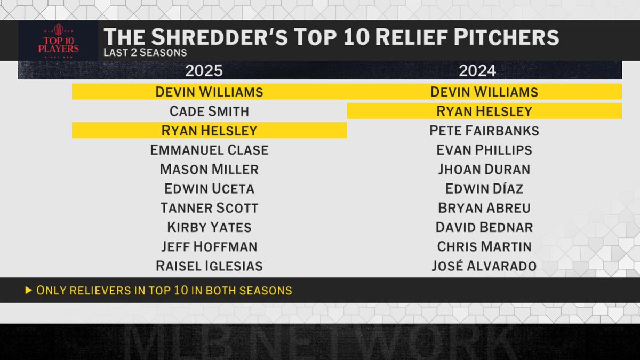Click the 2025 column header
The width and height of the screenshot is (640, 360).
pos(204,70)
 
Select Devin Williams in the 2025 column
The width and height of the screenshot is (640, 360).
pos(209,92)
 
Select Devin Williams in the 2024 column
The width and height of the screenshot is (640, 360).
pos(484,92)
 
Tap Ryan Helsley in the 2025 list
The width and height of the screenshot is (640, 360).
pos(209,131)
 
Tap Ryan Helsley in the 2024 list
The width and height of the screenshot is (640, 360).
pos(484,111)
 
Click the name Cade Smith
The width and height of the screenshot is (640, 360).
pos(209,111)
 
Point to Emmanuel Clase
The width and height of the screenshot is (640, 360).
pos(209,150)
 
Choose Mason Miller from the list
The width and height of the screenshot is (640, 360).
pos(209,170)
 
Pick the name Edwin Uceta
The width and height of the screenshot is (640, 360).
pos(209,189)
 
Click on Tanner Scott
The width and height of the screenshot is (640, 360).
pos(209,208)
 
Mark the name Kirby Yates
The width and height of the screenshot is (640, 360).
pos(209,227)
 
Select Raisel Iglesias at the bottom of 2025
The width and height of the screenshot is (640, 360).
pos(209,266)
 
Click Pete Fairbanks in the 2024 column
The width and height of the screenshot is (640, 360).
pos(484,131)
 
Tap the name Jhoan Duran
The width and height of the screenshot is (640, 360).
pos(484,170)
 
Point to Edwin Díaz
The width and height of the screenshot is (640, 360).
pos(484,189)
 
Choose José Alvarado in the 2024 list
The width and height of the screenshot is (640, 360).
pos(484,266)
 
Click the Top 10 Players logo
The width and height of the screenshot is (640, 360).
pos(58,41)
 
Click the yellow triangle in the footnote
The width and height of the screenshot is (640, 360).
pos(28,291)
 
